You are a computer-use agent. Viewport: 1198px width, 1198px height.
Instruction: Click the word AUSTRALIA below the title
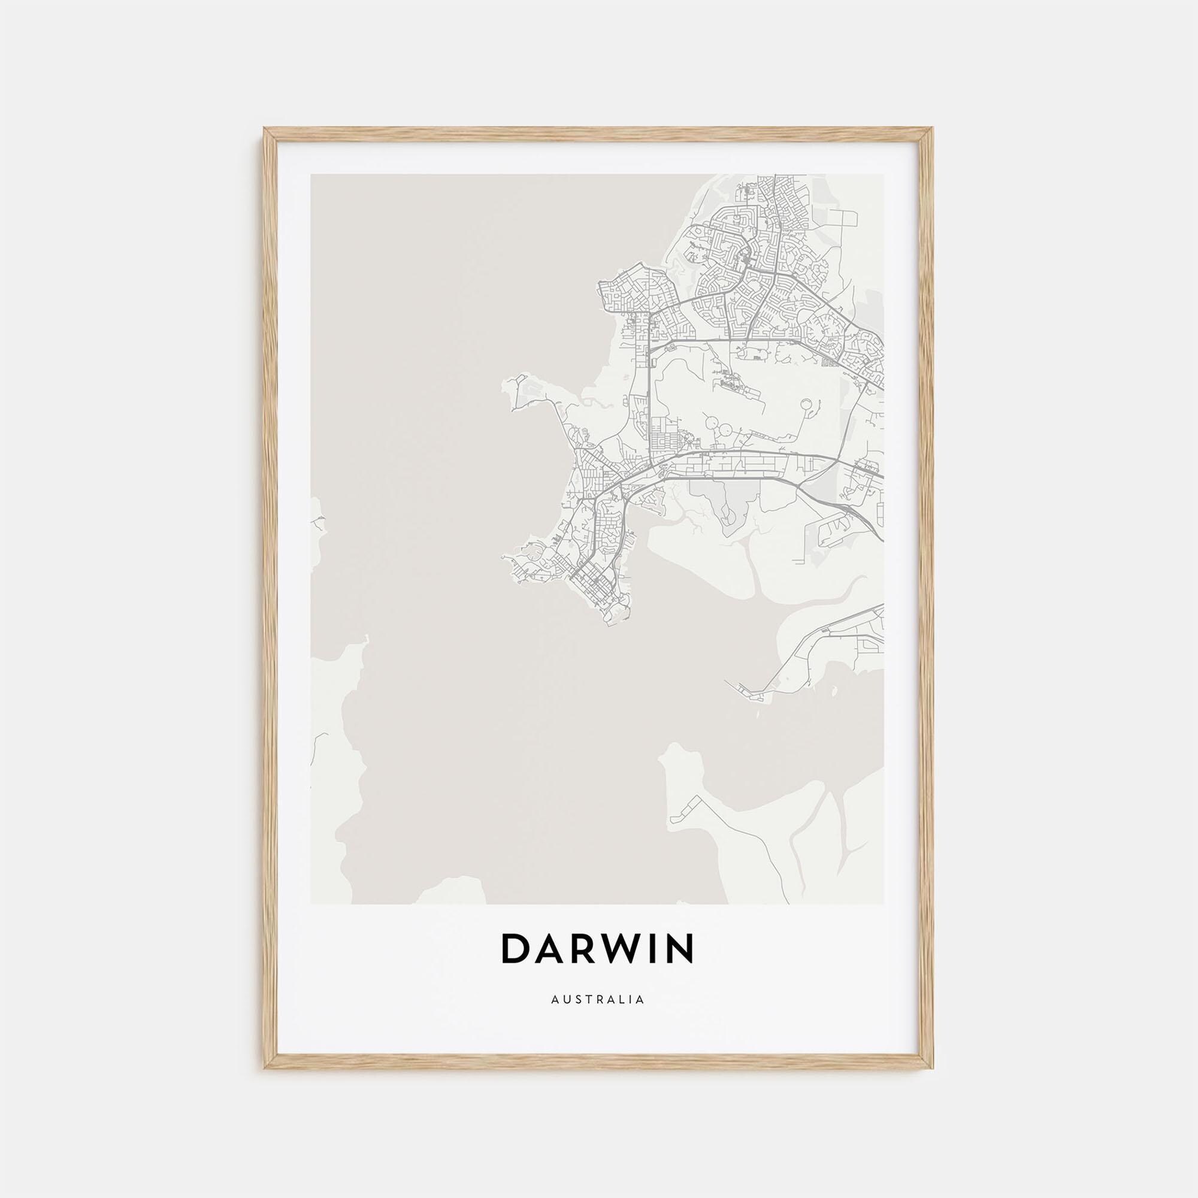pos(597,1017)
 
